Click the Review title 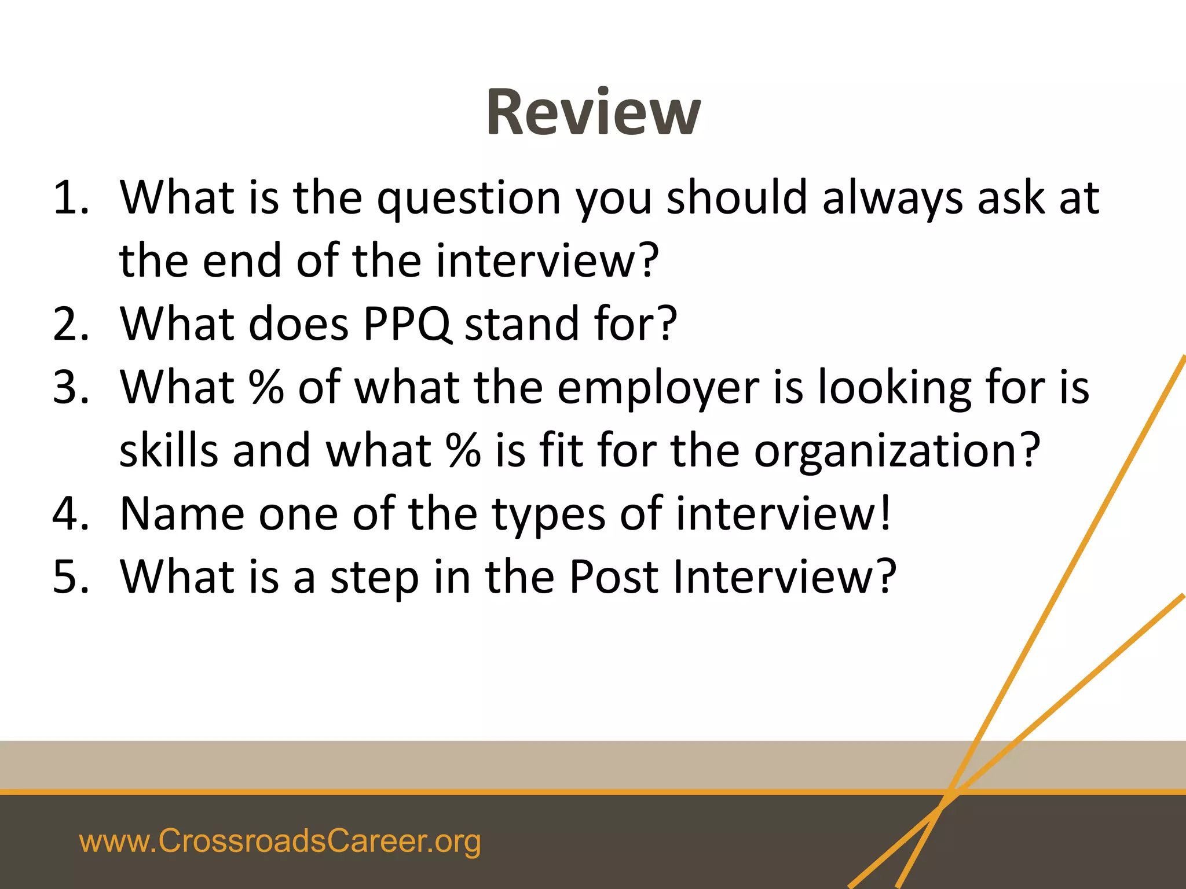point(593,112)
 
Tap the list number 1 point(69,198)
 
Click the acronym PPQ point(407,324)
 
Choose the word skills point(169,450)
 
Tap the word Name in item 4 point(182,513)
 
